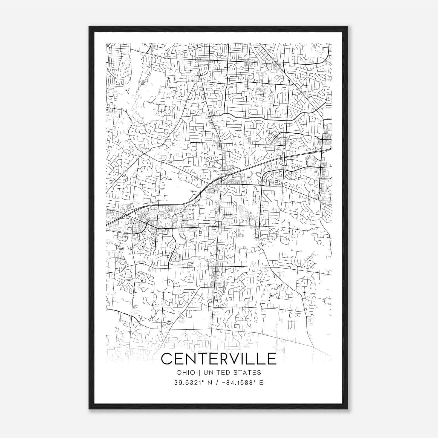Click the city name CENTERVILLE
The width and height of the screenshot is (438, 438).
219,359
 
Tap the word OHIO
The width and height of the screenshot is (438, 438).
186,373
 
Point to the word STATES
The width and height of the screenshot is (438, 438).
247,373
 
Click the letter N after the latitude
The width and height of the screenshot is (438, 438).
210,383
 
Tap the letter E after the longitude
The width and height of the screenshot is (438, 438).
261,383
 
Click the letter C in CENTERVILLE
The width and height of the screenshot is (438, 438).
167,359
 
